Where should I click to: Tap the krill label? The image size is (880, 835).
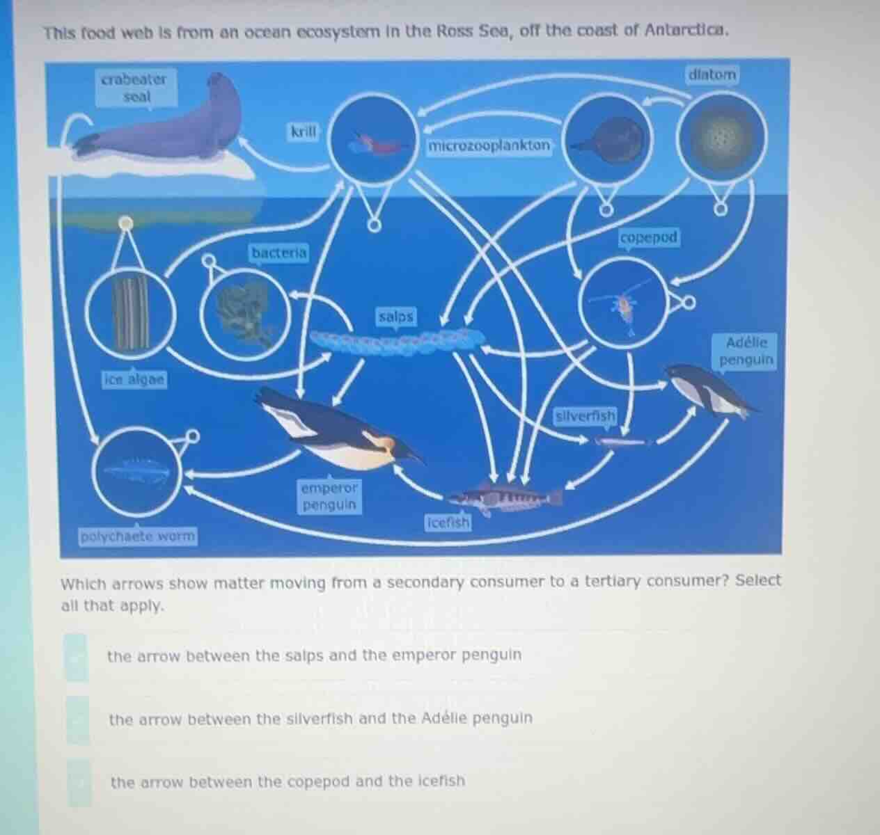click(x=304, y=132)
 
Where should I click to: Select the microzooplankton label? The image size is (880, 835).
click(x=489, y=146)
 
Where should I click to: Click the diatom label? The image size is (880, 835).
click(x=712, y=74)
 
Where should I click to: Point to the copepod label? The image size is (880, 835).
click(x=648, y=238)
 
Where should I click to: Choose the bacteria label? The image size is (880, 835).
click(x=278, y=253)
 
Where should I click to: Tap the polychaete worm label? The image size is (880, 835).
click(x=138, y=536)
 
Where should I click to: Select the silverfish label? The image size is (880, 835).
click(x=586, y=416)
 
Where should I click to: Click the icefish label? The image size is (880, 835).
click(x=448, y=522)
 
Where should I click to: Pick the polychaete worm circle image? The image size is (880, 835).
click(x=137, y=471)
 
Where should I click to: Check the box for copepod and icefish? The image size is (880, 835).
click(x=79, y=782)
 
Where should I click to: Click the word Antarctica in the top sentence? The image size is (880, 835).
click(x=686, y=31)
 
